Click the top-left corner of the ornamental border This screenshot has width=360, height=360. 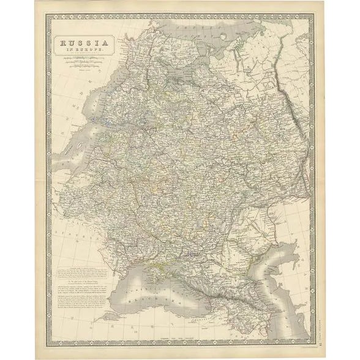pyautogui.click(x=50, y=18)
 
